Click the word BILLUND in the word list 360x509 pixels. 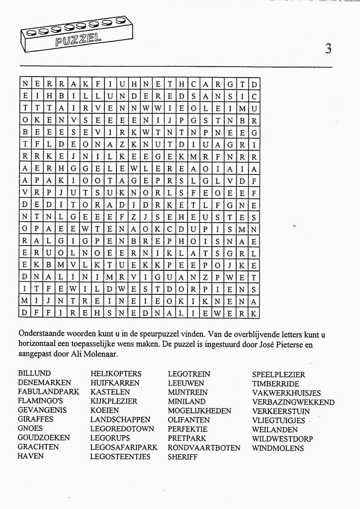(34, 373)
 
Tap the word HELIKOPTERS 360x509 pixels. (116, 374)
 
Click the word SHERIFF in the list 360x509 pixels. (182, 457)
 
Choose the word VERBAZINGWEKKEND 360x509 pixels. (293, 402)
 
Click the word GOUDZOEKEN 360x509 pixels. (44, 438)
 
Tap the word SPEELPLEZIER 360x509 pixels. (278, 374)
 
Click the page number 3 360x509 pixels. (328, 48)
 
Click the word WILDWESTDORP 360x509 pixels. (282, 439)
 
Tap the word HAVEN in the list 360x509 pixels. (30, 456)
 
